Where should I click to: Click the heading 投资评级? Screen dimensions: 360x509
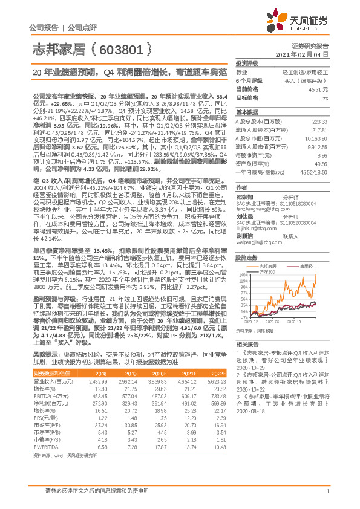tap(247, 63)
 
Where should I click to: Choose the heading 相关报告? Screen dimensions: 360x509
tap(247, 342)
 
